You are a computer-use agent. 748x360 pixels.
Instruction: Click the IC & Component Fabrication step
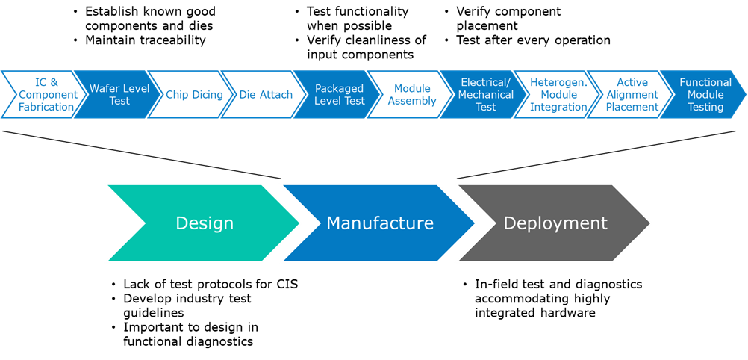(x=46, y=95)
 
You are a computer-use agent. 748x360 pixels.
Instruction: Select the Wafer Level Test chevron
(x=119, y=95)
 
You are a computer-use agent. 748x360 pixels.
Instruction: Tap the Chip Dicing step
(x=194, y=95)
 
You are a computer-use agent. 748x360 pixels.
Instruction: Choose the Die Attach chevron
(x=266, y=95)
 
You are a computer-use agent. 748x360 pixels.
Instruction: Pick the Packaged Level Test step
(x=339, y=95)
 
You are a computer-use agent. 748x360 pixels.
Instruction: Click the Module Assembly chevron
(x=412, y=95)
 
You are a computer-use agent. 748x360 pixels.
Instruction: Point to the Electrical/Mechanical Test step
(x=485, y=95)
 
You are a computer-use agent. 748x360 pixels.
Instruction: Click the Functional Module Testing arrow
(x=705, y=95)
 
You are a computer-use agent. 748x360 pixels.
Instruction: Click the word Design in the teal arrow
(x=205, y=223)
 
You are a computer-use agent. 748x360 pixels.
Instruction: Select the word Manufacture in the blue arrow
(x=379, y=223)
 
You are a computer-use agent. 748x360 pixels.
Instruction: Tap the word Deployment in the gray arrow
(x=555, y=223)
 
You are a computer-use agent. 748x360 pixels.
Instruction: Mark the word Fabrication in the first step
(x=46, y=107)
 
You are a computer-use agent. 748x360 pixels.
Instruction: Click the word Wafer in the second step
(x=105, y=88)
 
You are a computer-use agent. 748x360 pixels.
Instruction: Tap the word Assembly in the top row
(x=412, y=101)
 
